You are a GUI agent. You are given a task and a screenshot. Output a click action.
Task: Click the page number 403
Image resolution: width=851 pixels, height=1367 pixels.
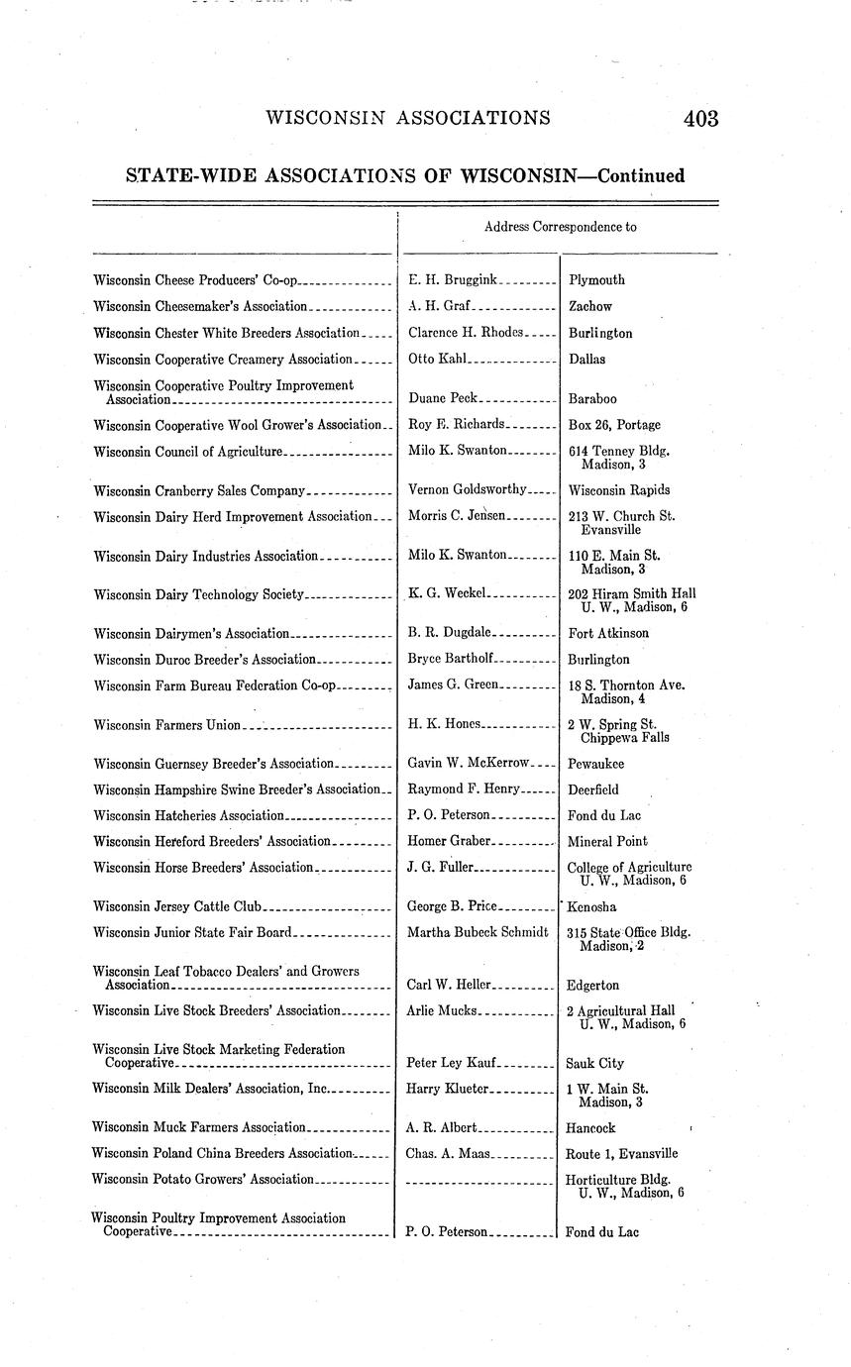pyautogui.click(x=699, y=119)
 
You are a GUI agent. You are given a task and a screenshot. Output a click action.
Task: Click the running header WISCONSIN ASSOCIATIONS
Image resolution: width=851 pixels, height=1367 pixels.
pyautogui.click(x=408, y=119)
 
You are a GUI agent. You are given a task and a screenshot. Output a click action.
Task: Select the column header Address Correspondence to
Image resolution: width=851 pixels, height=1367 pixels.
pyautogui.click(x=560, y=227)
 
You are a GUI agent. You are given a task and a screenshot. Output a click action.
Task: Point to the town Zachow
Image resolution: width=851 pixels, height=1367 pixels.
pyautogui.click(x=590, y=307)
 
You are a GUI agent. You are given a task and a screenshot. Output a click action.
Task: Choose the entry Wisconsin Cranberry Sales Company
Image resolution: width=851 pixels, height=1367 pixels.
pyautogui.click(x=199, y=490)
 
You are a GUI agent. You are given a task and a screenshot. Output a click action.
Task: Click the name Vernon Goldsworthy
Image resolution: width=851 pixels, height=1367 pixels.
pyautogui.click(x=467, y=489)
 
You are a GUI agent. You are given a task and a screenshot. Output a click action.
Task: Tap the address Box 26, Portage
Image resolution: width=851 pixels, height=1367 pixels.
pyautogui.click(x=614, y=425)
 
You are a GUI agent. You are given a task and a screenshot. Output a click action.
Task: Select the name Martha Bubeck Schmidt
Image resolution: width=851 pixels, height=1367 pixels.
pyautogui.click(x=478, y=932)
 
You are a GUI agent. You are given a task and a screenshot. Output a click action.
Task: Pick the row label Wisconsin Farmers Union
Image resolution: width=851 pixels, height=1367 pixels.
pyautogui.click(x=166, y=725)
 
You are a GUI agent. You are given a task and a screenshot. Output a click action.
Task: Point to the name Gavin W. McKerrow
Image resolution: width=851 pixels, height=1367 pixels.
pyautogui.click(x=469, y=764)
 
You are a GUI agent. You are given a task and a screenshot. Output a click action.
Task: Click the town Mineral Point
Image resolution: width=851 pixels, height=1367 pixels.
pyautogui.click(x=608, y=842)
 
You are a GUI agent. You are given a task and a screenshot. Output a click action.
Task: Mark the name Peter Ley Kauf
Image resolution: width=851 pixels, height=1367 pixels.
pyautogui.click(x=452, y=1063)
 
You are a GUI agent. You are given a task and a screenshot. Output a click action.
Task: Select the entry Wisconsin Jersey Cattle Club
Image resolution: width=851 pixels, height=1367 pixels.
pyautogui.click(x=177, y=906)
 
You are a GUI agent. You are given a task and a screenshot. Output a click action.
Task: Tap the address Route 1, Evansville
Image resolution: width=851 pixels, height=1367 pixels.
pyautogui.click(x=622, y=1154)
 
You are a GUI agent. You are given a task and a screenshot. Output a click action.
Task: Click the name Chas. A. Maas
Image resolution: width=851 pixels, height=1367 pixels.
pyautogui.click(x=447, y=1154)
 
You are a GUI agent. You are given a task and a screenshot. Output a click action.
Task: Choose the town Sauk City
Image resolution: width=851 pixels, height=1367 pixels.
pyautogui.click(x=595, y=1064)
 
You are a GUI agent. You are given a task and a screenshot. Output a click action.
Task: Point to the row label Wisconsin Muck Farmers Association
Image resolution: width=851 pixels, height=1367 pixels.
pyautogui.click(x=199, y=1127)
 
